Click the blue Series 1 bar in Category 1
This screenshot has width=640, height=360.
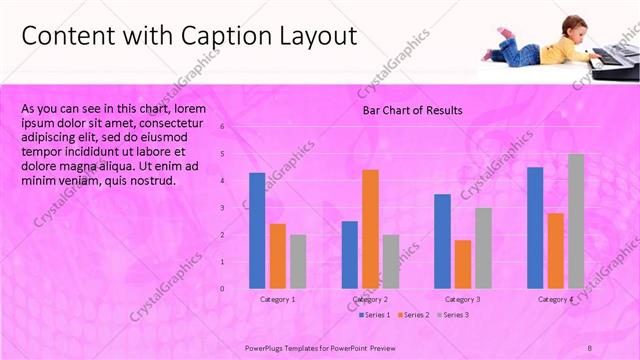pos(257,230)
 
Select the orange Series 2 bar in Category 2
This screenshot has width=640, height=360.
pos(370,229)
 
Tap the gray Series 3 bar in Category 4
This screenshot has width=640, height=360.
pos(576,221)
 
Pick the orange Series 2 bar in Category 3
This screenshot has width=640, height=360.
pos(462,264)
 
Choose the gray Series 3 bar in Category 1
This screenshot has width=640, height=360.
pos(298,261)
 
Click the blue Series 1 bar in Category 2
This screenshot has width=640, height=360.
pos(349,254)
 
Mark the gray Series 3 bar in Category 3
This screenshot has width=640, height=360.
pos(483,248)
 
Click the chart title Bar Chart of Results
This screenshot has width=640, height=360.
pos(412,110)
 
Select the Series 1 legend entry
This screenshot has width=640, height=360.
pos(375,315)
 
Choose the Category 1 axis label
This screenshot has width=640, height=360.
pos(277,299)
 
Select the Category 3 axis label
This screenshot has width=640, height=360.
pos(462,299)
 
